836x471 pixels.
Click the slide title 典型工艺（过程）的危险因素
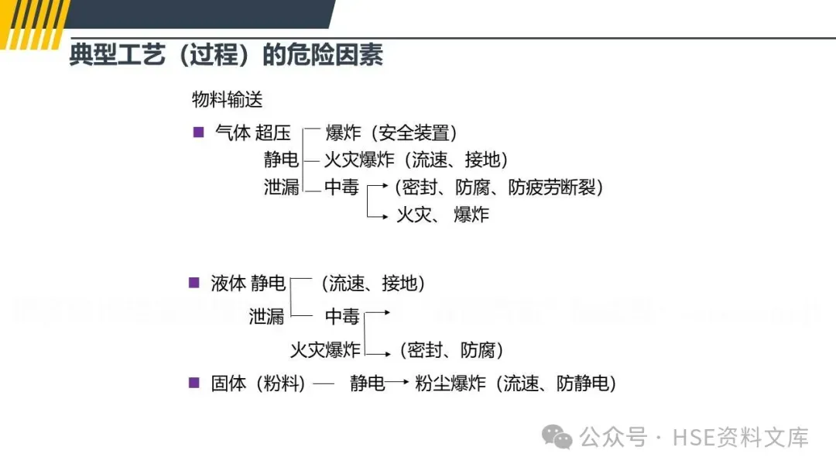click(225, 55)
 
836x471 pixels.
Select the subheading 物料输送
click(228, 99)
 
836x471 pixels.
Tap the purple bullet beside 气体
click(198, 132)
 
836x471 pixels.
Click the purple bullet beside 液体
click(194, 283)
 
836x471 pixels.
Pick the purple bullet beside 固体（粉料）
click(194, 382)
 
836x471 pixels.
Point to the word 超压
click(272, 133)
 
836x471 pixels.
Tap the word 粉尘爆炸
click(450, 383)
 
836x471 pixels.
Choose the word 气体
click(232, 133)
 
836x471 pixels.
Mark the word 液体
click(228, 284)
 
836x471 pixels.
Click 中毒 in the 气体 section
click(341, 187)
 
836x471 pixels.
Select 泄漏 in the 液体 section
click(267, 316)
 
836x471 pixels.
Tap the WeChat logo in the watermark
click(557, 437)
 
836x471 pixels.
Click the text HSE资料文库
click(741, 437)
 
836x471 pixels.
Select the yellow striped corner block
click(35, 22)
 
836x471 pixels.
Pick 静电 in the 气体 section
click(281, 160)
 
